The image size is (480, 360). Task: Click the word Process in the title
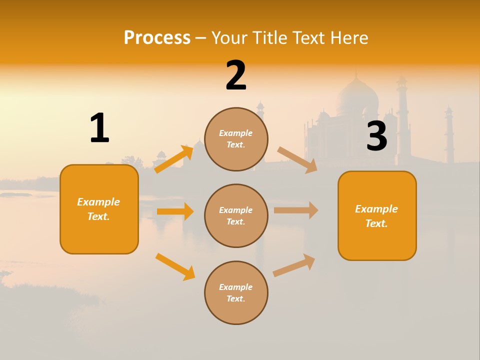tap(157, 37)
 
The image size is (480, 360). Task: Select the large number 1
tap(99, 128)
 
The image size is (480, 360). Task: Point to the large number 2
tap(236, 75)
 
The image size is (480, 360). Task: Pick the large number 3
tap(376, 136)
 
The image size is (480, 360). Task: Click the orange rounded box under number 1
tap(99, 209)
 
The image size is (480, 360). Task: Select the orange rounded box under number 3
tap(377, 215)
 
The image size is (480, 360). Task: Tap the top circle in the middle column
tap(236, 139)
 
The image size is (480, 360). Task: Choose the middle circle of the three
tap(236, 215)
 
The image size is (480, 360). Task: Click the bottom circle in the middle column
tap(236, 292)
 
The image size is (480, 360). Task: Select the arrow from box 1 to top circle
tap(173, 159)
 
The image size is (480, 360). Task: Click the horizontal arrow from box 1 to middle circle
tap(175, 211)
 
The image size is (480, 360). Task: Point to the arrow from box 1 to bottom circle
tap(175, 266)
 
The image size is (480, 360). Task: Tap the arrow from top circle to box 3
tap(297, 159)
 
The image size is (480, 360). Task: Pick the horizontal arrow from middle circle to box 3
tap(295, 210)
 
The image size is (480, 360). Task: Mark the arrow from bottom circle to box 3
tap(294, 265)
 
